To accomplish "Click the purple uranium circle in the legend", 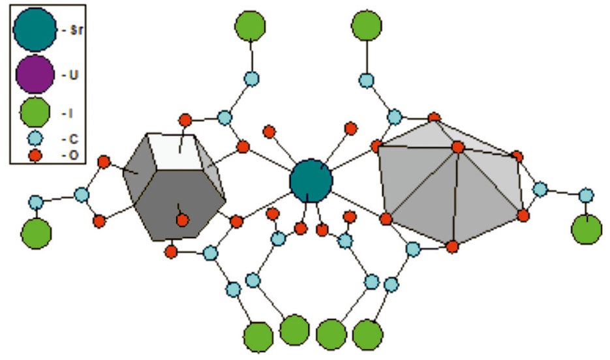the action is point(35,74).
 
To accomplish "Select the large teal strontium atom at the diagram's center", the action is point(311,181).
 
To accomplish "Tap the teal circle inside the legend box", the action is point(35,29).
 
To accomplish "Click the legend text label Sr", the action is point(76,30).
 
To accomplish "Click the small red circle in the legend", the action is point(35,155).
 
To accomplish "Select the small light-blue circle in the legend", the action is point(35,138).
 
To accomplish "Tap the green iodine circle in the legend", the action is point(35,112).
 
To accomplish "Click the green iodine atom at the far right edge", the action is point(587,229).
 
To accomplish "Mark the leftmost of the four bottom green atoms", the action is point(258,337).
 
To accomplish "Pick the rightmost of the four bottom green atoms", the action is point(368,335).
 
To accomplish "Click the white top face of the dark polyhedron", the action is point(175,151).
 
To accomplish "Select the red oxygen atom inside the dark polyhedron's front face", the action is point(183,220).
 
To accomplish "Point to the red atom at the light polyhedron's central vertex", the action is point(458,147).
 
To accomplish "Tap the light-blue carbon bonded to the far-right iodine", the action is point(586,195).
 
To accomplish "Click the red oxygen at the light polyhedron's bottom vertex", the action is point(452,247).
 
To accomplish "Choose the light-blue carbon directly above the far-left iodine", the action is point(36,202).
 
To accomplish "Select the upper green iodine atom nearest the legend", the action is point(250,25).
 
